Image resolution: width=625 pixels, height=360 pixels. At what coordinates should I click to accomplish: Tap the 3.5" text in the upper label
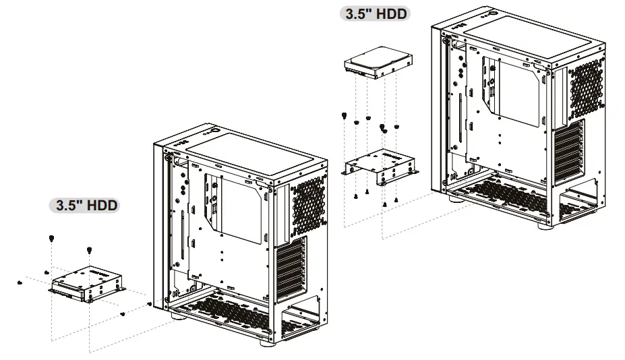(x=360, y=13)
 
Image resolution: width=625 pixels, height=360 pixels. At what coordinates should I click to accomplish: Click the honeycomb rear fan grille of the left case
(x=307, y=204)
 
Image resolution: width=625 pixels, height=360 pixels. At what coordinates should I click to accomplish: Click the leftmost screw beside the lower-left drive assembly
(x=19, y=281)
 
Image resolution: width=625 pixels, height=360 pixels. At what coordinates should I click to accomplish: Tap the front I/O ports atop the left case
(x=185, y=143)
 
